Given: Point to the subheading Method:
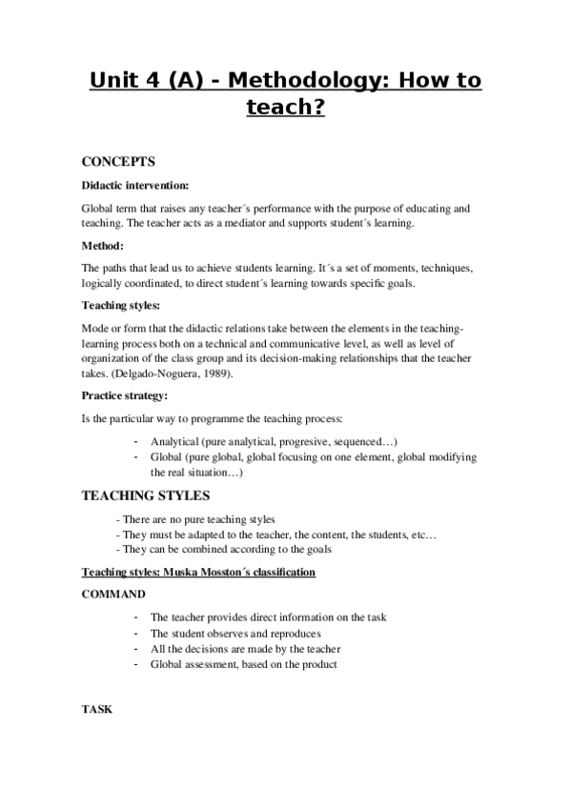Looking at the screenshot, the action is [x=104, y=246].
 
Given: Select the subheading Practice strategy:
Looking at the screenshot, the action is [x=124, y=394].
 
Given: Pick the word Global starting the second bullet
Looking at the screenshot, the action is [x=167, y=457].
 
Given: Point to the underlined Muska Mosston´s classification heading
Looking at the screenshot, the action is [x=242, y=573].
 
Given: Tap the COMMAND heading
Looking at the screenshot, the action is [x=114, y=594].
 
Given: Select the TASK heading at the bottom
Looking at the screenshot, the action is [x=97, y=710].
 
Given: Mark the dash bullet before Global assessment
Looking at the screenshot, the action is [x=138, y=664].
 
